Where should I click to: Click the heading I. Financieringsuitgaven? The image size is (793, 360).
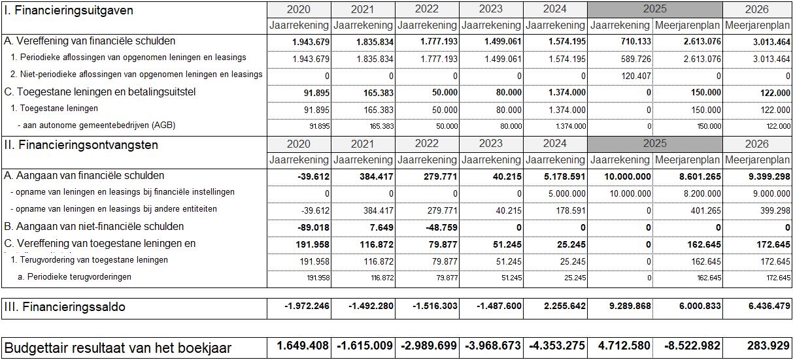69,10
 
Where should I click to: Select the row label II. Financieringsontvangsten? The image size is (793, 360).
81,144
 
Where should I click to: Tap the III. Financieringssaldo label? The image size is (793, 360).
65,306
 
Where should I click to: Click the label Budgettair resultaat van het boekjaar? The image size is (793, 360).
118,348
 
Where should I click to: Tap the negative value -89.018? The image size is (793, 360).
312,227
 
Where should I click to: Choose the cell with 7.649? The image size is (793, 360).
380,227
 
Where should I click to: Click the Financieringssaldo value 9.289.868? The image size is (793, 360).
624,306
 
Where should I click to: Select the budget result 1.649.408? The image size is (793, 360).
299,347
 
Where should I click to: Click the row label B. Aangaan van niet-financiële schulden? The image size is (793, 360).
93,227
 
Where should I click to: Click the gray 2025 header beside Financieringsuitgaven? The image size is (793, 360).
654,10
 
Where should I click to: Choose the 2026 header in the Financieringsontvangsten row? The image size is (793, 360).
757,144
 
